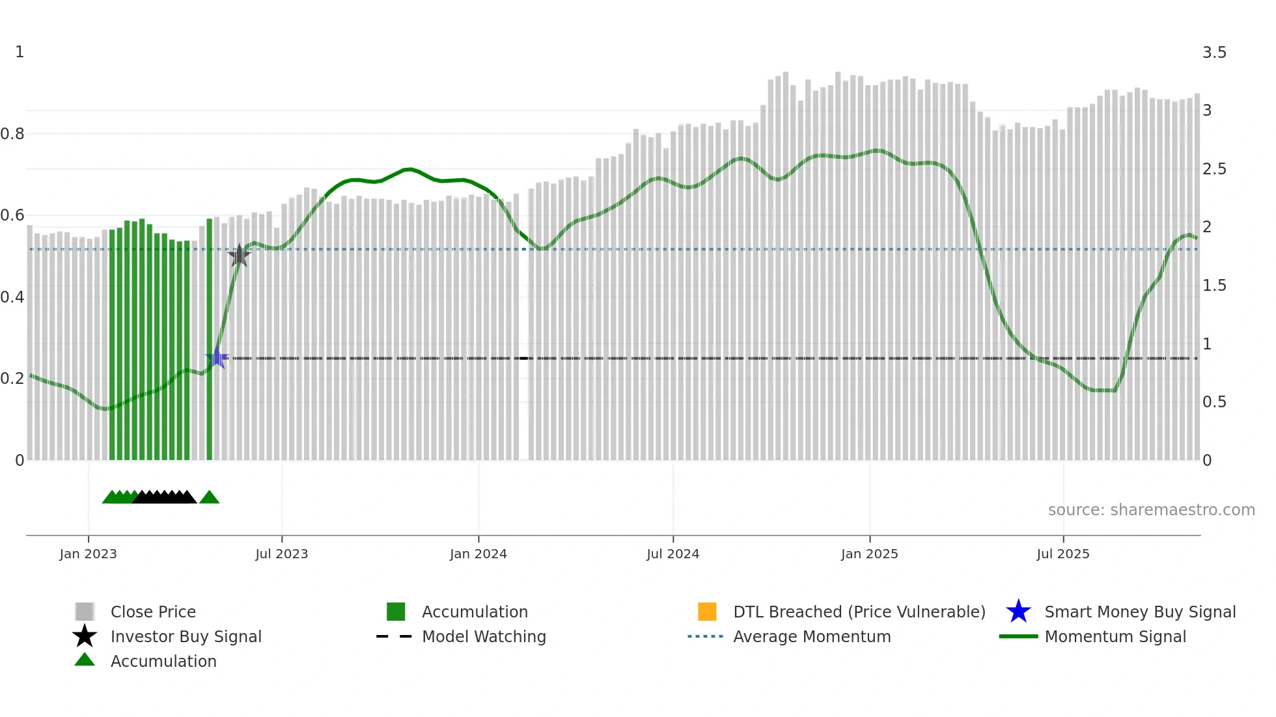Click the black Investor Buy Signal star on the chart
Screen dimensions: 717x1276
[240, 255]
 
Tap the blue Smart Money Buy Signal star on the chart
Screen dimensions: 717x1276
[217, 358]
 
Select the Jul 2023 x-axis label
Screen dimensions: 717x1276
[281, 554]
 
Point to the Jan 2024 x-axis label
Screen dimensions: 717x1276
[478, 554]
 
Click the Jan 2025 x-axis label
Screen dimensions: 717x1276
[869, 554]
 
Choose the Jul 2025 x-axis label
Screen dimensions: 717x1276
[1062, 554]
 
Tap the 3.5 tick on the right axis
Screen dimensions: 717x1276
[1214, 53]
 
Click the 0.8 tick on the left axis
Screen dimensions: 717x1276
[12, 134]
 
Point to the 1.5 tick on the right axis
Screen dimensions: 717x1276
[1214, 286]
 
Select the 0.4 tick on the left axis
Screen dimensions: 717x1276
[12, 297]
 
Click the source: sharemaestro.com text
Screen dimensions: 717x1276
[1151, 510]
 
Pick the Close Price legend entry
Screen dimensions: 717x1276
[153, 612]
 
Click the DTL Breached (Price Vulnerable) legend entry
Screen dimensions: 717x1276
[859, 612]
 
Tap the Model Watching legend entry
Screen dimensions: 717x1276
[484, 636]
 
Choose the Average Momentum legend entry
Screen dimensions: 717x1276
[812, 636]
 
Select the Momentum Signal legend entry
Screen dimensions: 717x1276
[1115, 636]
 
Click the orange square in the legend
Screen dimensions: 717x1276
[707, 612]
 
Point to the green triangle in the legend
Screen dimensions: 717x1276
[85, 660]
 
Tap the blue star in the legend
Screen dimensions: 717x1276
[1018, 612]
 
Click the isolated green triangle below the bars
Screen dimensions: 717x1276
[209, 498]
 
